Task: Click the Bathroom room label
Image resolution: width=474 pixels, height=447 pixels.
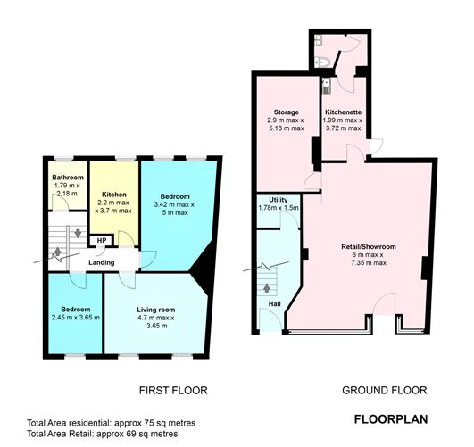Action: tap(67, 177)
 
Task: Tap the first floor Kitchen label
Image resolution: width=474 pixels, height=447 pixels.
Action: tap(113, 194)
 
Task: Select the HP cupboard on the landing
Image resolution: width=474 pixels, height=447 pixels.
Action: tap(102, 240)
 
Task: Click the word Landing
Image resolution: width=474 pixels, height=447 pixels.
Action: tap(101, 262)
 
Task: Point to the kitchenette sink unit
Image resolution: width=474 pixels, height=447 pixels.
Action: tap(326, 87)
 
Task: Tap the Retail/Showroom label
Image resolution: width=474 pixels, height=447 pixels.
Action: tap(369, 246)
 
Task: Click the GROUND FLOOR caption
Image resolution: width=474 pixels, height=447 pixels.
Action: tap(385, 390)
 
